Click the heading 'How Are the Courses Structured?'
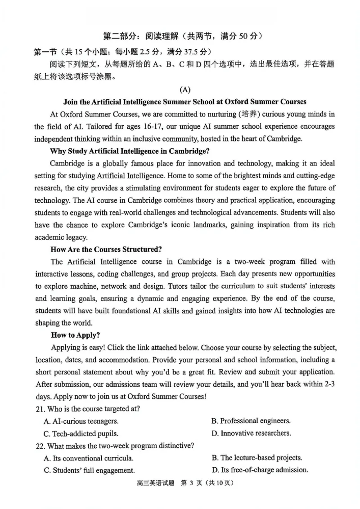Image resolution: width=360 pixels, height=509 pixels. point(106,249)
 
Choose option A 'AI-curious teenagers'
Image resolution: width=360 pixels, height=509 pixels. point(81,421)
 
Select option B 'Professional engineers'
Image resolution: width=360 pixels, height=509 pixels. point(251,421)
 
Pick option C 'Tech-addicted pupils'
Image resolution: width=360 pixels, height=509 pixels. point(81,434)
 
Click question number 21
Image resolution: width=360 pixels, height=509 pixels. point(40,409)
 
